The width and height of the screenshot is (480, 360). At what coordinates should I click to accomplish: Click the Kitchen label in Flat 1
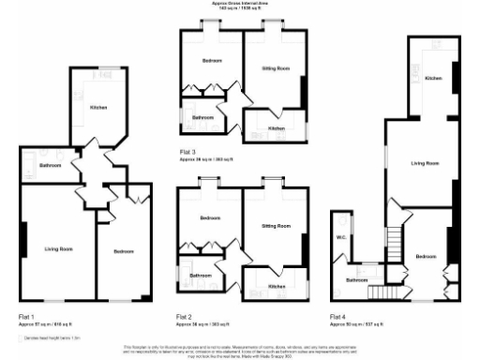[97, 108]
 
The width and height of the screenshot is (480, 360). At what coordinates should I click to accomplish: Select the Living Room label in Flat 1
[59, 248]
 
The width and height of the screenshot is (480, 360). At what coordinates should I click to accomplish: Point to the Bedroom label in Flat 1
[124, 251]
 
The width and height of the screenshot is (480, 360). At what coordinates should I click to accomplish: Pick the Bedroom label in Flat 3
[211, 61]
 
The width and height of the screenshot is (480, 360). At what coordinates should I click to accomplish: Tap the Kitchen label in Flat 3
[277, 127]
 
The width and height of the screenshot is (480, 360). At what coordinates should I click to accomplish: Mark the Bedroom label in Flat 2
[211, 218]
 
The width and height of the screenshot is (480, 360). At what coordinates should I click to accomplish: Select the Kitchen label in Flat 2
[277, 285]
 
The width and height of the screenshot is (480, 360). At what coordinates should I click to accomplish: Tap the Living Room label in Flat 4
[425, 163]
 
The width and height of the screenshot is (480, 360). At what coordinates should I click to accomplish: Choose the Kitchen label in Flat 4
[432, 79]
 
